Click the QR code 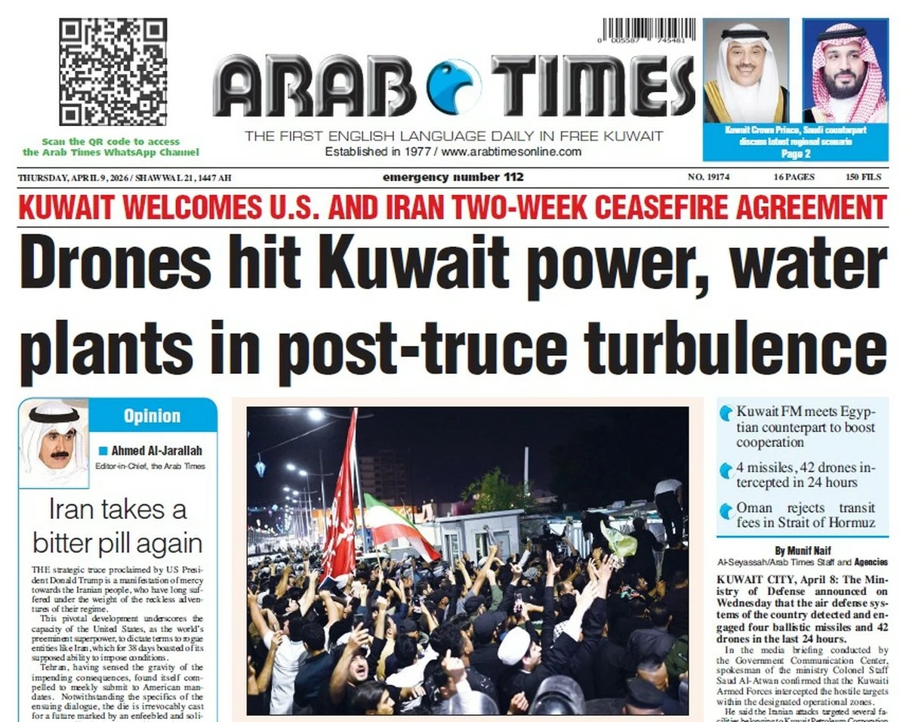point(113,72)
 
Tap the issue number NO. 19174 point(708,177)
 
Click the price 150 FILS point(863,177)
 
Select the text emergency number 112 point(453,177)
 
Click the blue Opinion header point(152,415)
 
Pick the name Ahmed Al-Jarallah point(157,451)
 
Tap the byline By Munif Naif point(801,550)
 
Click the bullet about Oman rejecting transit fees point(805,515)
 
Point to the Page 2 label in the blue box point(796,154)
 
